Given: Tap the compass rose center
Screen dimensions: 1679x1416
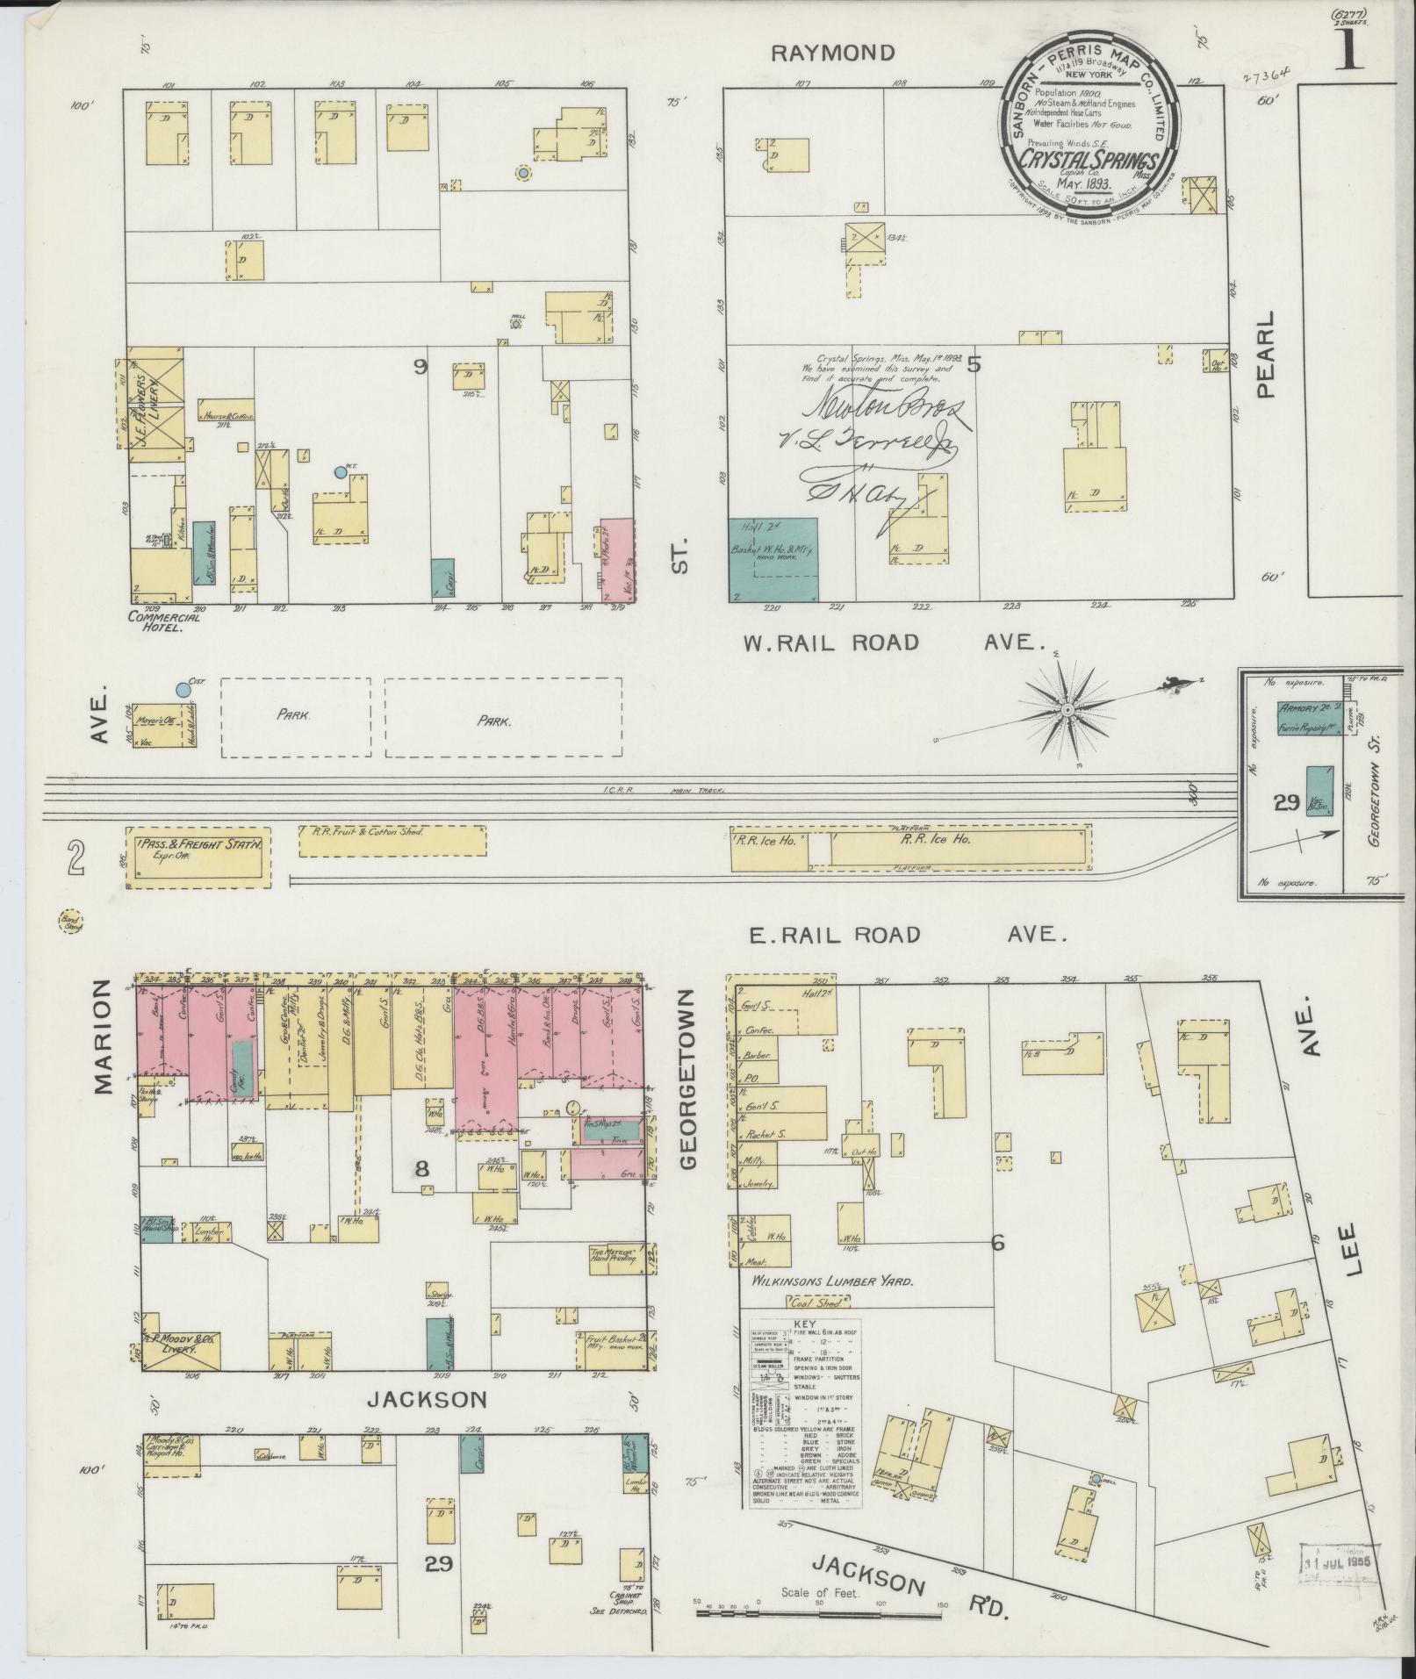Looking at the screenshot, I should [1066, 709].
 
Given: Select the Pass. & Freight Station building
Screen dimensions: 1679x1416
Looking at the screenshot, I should [198, 855].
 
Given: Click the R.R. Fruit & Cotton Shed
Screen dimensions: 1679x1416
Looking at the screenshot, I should [392, 840].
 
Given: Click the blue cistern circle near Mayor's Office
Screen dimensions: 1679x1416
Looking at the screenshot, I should [183, 689].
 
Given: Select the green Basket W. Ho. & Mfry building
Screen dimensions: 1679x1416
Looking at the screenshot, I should [773, 559].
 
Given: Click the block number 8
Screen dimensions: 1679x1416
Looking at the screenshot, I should [422, 1168].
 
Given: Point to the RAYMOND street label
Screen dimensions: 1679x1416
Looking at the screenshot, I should [832, 53].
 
